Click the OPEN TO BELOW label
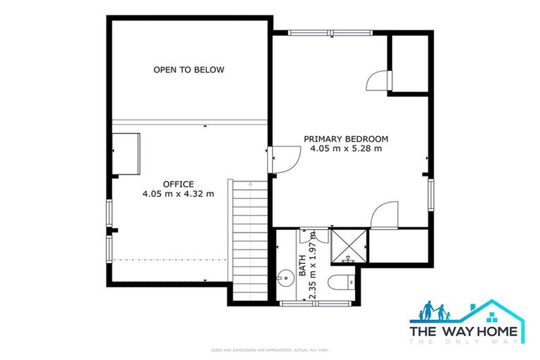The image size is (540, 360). pos(188,70)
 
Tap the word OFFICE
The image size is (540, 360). pos(179,184)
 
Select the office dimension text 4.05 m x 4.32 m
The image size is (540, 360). pos(179,193)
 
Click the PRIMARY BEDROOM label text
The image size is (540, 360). pos(346,139)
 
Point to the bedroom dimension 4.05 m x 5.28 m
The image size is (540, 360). pos(346,148)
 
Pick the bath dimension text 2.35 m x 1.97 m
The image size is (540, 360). pos(313,266)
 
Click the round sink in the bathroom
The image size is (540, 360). pos(285,278)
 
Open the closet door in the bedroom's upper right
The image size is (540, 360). pos(378,79)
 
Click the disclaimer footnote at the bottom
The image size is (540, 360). pos(269,349)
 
